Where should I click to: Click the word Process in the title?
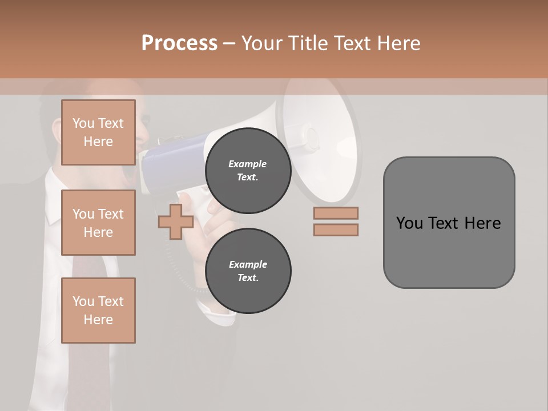click(x=179, y=43)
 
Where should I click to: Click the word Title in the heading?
click(x=309, y=43)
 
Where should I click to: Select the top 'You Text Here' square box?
click(x=98, y=132)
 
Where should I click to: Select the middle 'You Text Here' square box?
click(x=98, y=223)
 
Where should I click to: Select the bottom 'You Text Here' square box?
click(x=98, y=310)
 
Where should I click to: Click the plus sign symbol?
click(x=176, y=221)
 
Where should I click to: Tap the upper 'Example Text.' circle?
click(x=248, y=171)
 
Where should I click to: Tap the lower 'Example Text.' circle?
click(x=248, y=271)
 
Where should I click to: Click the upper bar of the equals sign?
click(x=336, y=213)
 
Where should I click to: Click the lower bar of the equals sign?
click(x=336, y=230)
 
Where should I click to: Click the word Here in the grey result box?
click(x=482, y=223)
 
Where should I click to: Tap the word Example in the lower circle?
click(x=248, y=264)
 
